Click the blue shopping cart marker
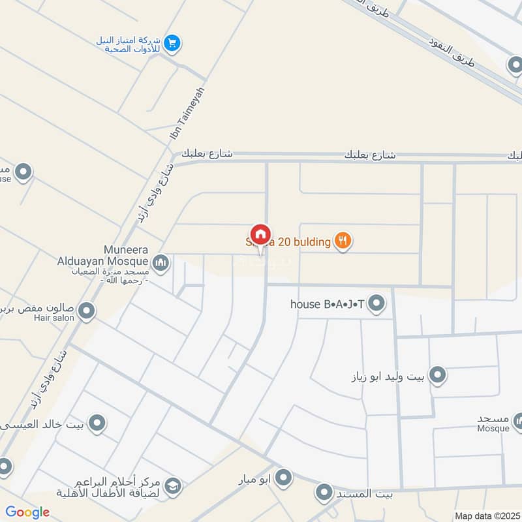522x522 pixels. [172, 43]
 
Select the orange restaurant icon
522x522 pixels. [343, 242]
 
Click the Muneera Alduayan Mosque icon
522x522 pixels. [161, 264]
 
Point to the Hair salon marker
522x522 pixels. [86, 311]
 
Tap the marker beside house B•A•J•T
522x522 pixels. [376, 303]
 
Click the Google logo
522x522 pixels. [27, 512]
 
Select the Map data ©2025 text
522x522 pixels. [486, 515]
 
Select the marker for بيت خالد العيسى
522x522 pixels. [98, 424]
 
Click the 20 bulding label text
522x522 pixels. [304, 242]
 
